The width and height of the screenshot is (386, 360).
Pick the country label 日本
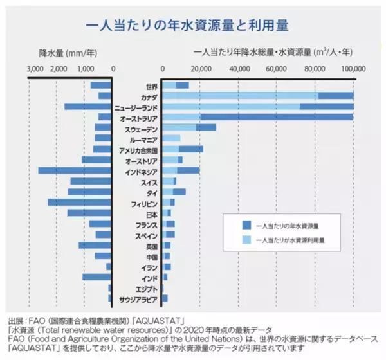tap(152, 213)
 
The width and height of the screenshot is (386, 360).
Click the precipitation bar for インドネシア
tap(75, 170)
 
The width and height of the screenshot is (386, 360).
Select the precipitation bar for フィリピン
tap(80, 203)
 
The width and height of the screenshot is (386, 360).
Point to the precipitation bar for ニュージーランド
tap(88, 106)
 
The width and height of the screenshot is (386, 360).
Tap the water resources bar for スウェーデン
tap(189, 128)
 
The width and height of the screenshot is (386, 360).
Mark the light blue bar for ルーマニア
tap(171, 138)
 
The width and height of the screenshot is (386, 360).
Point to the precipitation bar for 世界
tap(102, 85)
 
